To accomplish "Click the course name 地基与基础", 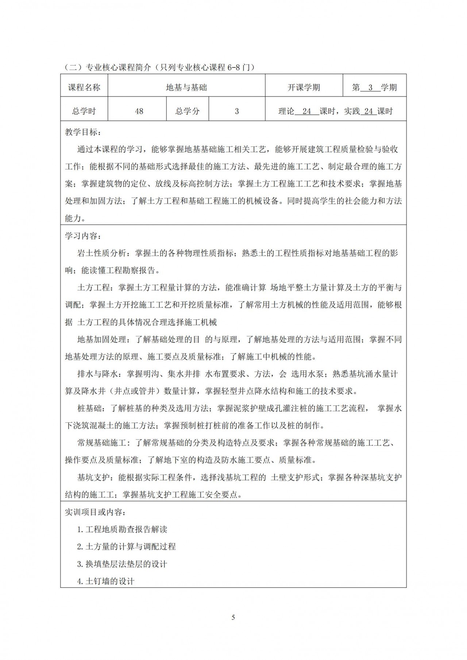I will pos(186,88).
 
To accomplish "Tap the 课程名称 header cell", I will pos(84,88).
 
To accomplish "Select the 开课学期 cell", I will pos(304,88).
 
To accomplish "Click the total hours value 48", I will pos(139,111).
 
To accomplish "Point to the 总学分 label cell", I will pos(188,111).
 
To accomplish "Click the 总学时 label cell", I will pos(84,111).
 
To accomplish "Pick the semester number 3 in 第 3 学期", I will pos(371,88).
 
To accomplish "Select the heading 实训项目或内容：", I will pos(96,512).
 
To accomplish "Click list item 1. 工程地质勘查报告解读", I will pos(122,529).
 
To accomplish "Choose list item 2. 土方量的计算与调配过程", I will pos(127,547).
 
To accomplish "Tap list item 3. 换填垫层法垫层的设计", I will pos(122,564).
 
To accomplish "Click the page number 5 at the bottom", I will pos(233,617).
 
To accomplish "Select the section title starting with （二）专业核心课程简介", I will pos(159,67).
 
